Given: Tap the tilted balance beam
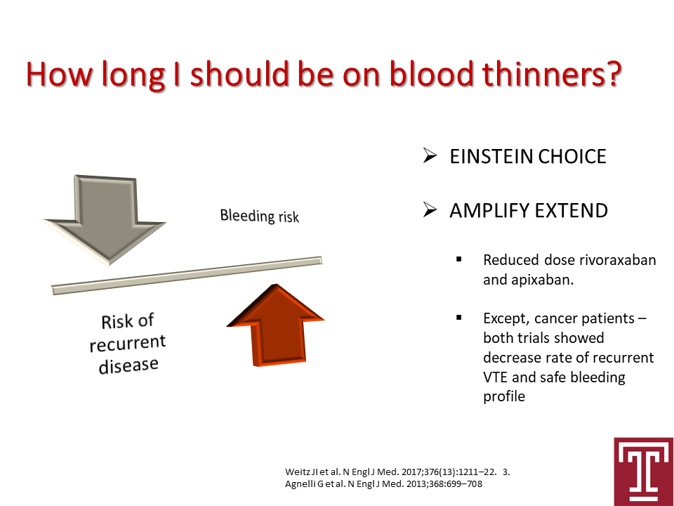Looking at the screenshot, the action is tap(187, 275).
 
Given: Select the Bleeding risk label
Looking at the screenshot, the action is tap(260, 216).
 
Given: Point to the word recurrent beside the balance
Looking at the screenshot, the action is tap(128, 343).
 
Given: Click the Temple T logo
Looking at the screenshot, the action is tap(644, 472).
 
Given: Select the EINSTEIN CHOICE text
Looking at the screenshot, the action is tap(528, 156).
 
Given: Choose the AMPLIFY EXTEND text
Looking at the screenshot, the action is tap(529, 210).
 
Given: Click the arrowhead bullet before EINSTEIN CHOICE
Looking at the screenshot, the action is tap(430, 156).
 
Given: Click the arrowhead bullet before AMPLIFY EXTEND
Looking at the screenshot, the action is tap(430, 210).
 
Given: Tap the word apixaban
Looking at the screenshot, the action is tap(543, 280).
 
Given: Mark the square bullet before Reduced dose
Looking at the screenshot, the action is tap(459, 259).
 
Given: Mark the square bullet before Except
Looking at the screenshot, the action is tap(459, 318).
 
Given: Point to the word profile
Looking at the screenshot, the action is tap(504, 396).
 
